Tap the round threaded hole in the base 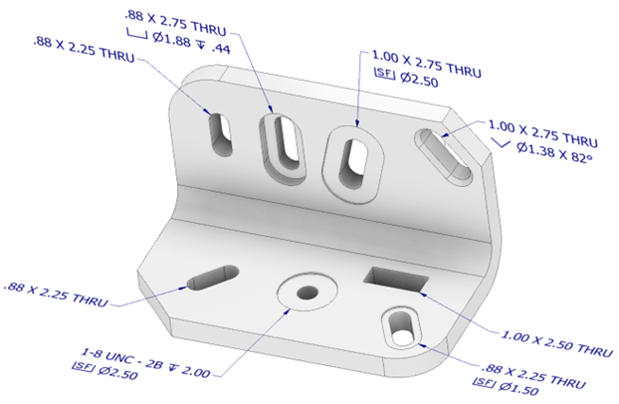308,294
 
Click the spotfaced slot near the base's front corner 403,327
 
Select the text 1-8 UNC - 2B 124,356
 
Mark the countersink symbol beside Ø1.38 496,146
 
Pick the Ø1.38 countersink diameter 536,160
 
